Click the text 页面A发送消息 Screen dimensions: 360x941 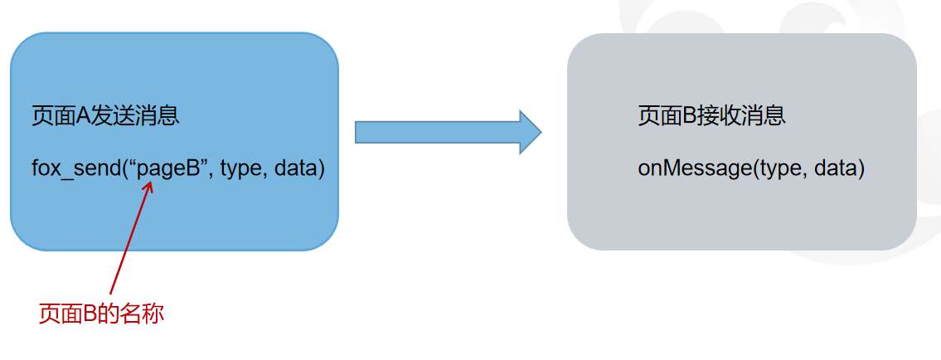coord(105,115)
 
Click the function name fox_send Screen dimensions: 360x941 coord(75,169)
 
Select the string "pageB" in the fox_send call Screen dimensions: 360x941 coord(169,169)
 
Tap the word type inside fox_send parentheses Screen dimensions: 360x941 coord(240,169)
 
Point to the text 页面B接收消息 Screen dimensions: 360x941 coord(711,115)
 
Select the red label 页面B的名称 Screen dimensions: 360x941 coord(101,314)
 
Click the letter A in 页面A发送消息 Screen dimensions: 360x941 coord(83,115)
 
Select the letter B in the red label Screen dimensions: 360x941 coord(90,314)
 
